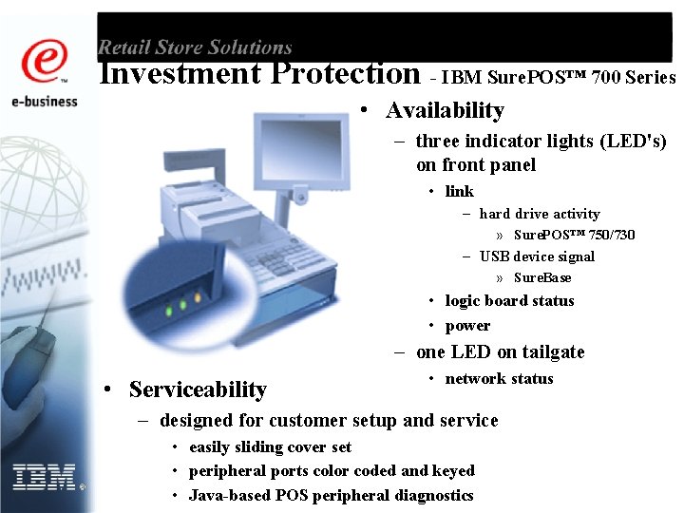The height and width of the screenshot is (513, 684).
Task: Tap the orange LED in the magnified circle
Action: click(198, 298)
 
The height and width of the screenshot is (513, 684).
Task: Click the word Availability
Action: click(445, 110)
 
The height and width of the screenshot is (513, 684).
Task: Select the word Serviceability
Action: click(198, 389)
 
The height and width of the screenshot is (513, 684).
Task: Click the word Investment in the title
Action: click(180, 73)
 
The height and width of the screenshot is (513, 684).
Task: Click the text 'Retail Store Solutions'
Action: click(195, 47)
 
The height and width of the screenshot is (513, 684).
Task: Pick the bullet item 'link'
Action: click(459, 191)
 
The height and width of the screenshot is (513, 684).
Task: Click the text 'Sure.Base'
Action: click(542, 277)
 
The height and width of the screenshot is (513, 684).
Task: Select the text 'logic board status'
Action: click(509, 301)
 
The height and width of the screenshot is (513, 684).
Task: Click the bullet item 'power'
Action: click(467, 326)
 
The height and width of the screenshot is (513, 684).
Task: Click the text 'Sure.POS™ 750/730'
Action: click(574, 235)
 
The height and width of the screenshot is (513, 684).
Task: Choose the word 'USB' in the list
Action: click(495, 256)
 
